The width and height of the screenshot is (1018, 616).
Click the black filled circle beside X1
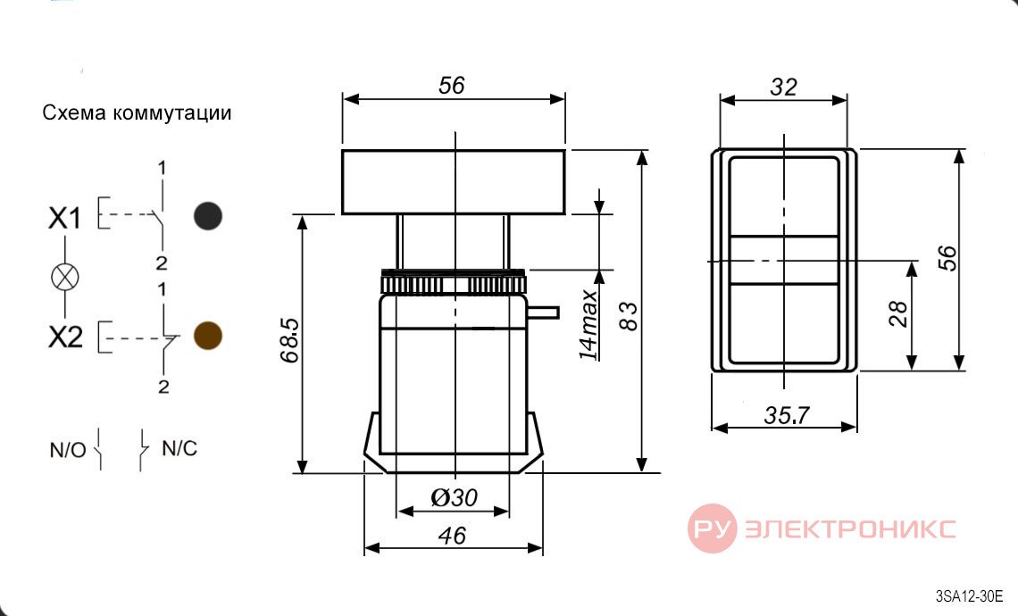tap(208, 216)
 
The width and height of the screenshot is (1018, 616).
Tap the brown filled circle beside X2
tap(208, 336)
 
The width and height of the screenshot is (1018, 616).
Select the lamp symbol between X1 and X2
tap(65, 277)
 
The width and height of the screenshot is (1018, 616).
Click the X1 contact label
tap(65, 218)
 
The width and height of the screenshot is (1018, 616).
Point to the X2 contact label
tap(65, 337)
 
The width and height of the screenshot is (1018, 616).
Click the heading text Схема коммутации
tap(137, 113)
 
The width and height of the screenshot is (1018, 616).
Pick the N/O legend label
tap(68, 450)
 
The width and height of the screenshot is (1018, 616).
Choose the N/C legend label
tap(179, 448)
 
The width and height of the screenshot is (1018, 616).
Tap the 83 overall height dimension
tap(629, 316)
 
